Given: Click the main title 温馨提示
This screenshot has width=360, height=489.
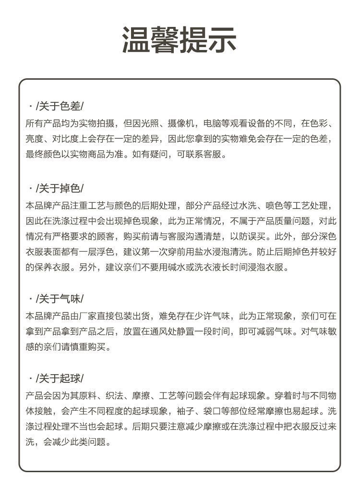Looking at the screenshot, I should tap(179, 40).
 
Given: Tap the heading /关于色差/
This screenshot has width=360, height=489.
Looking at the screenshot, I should tap(60, 106).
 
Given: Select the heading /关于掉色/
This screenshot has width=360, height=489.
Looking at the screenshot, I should tap(60, 188).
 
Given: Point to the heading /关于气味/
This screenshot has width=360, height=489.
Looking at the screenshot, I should tap(60, 299).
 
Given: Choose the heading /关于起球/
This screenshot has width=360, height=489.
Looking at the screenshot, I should tap(60, 378).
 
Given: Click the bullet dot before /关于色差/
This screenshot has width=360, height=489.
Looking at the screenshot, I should tap(31, 106).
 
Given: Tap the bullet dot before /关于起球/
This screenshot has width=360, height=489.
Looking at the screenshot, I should tap(31, 378).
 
